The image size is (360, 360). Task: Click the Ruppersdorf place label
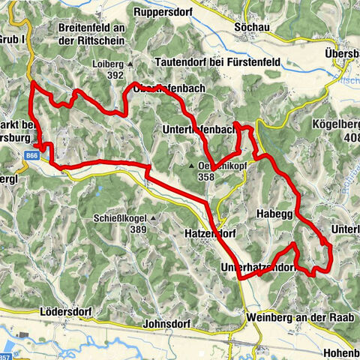[166, 12]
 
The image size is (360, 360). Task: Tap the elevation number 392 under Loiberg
[114, 75]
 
